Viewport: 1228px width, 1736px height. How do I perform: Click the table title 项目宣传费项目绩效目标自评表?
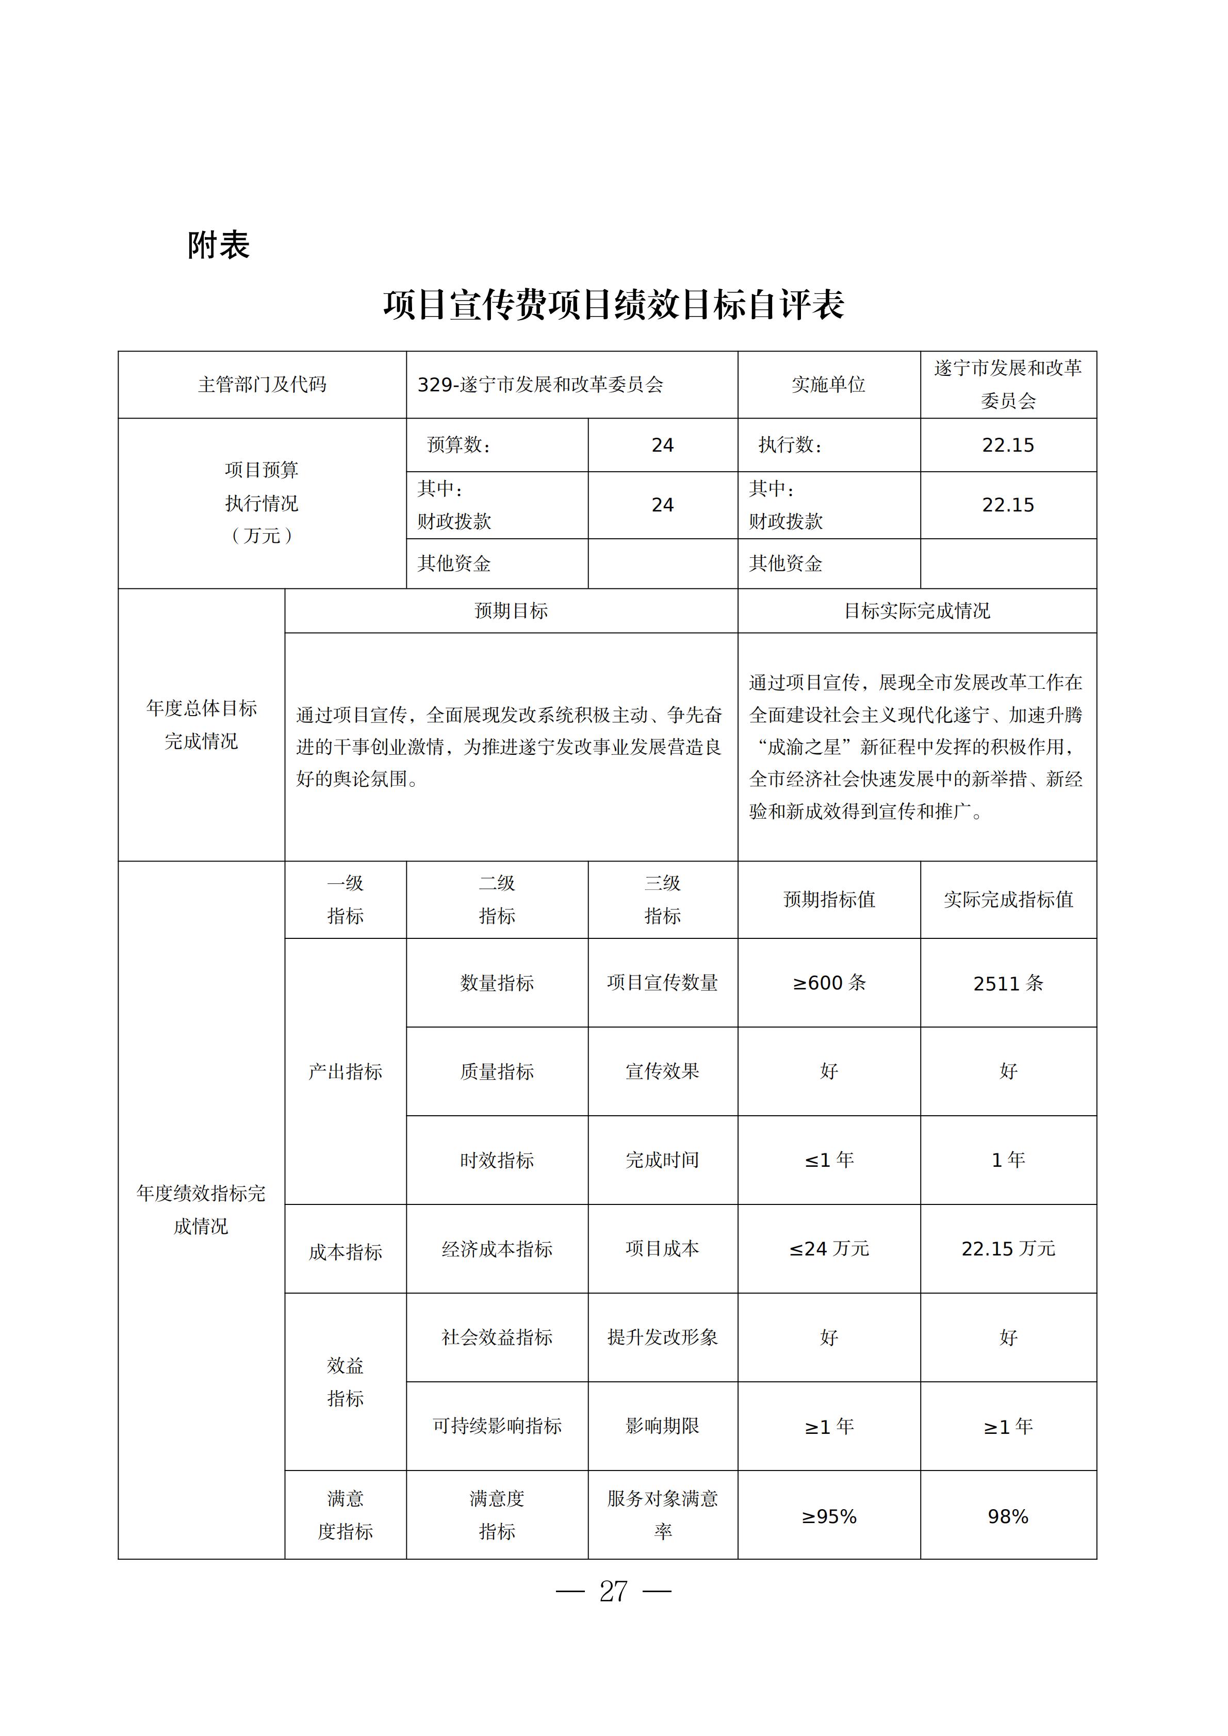(x=613, y=305)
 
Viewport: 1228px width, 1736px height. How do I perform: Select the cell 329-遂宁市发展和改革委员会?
(x=540, y=385)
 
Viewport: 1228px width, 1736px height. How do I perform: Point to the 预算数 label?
(x=459, y=444)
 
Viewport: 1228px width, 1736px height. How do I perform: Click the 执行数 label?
(x=790, y=444)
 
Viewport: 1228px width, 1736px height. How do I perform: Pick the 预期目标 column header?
(x=511, y=611)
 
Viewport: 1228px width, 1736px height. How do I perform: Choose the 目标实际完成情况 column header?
(x=916, y=611)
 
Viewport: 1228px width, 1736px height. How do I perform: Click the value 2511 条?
(x=1008, y=983)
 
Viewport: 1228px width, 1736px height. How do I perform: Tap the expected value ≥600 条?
(x=829, y=983)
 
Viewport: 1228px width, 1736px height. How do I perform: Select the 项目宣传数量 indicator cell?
(x=662, y=983)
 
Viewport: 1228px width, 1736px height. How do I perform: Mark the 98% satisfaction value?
(x=1008, y=1517)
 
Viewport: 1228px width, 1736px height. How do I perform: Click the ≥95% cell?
(x=829, y=1517)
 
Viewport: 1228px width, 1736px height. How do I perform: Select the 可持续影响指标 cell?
(x=497, y=1426)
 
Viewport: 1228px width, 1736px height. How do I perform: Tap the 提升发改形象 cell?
(x=662, y=1337)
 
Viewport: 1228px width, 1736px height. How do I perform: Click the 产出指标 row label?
(x=345, y=1071)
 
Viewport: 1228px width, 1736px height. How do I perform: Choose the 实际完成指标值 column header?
(x=1008, y=900)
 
